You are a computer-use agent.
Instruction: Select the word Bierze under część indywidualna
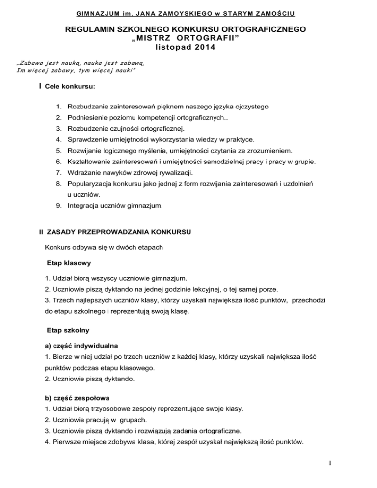(x=61, y=356)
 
